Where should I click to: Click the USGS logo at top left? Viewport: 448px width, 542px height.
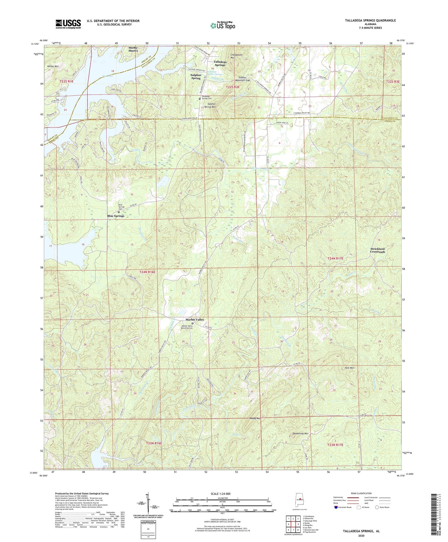(68, 24)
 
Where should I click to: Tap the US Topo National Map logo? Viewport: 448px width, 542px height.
(222, 25)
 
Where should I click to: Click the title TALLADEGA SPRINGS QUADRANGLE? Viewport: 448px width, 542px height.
(370, 20)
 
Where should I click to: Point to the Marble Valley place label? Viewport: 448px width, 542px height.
(194, 319)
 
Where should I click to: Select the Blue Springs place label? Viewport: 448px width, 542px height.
(116, 216)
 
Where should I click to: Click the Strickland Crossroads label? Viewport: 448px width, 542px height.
(377, 250)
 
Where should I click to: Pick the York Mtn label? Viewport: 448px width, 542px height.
(349, 368)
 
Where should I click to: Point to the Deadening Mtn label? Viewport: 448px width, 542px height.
(300, 433)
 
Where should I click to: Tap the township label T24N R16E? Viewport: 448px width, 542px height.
(147, 272)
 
